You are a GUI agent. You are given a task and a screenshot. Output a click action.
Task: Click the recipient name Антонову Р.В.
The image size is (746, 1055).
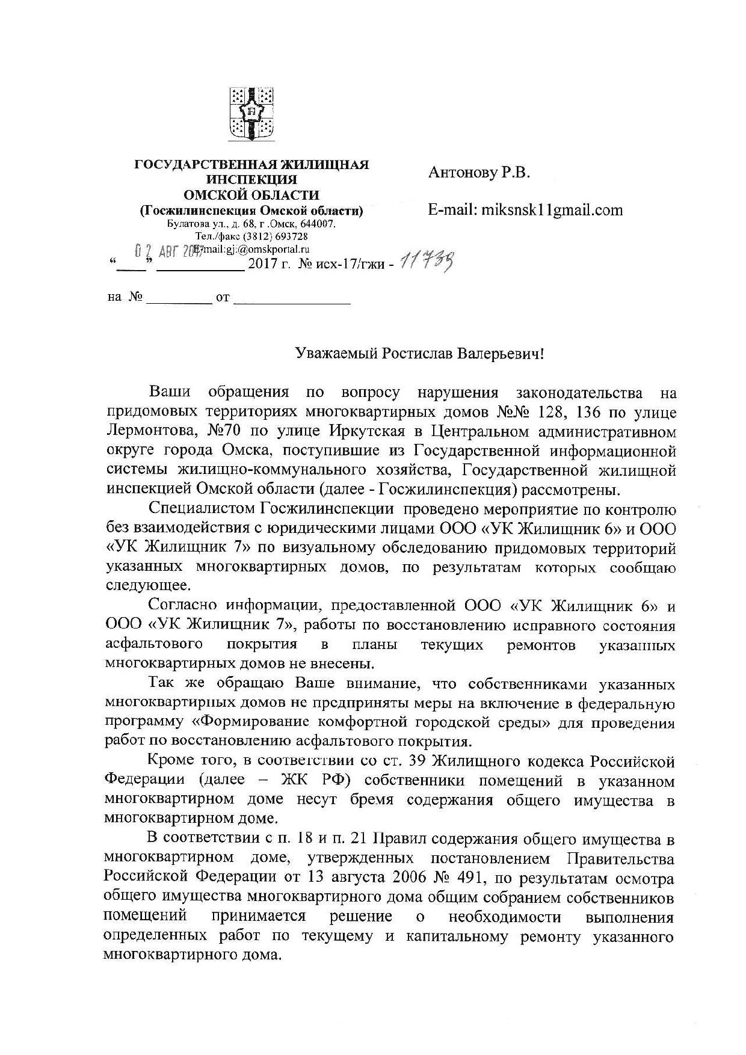coord(479,173)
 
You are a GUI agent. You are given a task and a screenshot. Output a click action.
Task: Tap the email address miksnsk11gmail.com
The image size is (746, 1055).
coord(549,210)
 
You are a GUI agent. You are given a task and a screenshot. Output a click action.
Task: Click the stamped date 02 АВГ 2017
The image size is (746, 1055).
coord(162,250)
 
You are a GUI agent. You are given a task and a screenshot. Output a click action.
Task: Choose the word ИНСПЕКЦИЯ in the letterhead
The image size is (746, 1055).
coord(251,179)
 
